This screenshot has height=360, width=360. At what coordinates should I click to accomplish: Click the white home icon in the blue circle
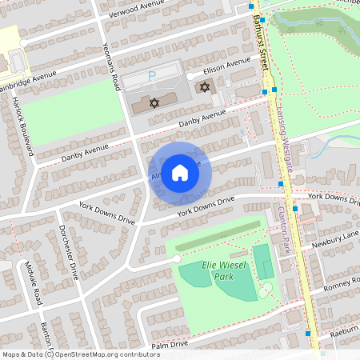(x=180, y=173)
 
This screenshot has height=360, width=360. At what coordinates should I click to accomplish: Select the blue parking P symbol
(x=153, y=76)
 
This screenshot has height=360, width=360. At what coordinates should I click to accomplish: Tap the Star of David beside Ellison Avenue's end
(x=204, y=86)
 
